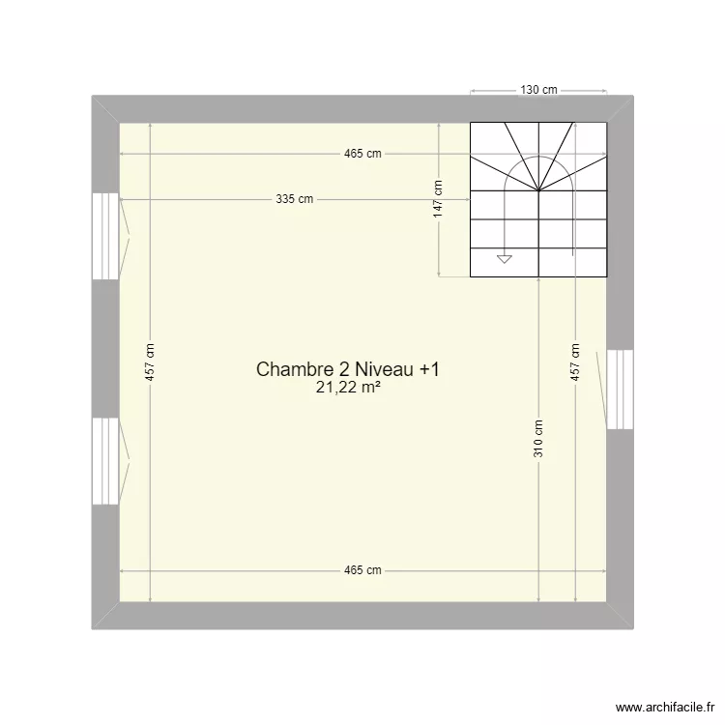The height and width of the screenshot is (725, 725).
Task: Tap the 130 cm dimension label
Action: click(539, 90)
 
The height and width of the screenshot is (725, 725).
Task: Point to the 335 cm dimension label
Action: click(294, 200)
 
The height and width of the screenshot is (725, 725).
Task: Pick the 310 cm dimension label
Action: click(537, 437)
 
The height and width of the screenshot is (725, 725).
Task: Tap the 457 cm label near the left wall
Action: click(151, 362)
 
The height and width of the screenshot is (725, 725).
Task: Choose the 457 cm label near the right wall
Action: click(575, 362)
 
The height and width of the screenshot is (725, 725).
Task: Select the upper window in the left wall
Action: click(105, 237)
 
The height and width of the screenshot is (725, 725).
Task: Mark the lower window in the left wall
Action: click(105, 461)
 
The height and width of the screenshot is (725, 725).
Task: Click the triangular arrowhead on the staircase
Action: click(504, 258)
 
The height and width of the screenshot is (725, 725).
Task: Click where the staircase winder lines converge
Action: click(538, 190)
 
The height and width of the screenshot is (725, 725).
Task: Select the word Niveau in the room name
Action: click(386, 369)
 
